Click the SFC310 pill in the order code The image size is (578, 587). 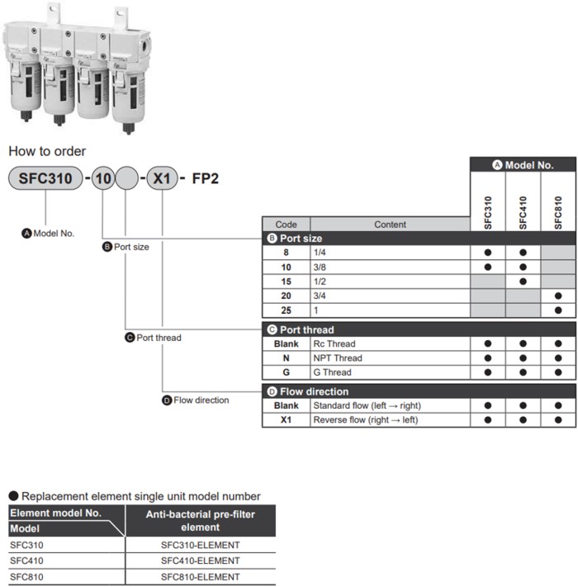pos(45,178)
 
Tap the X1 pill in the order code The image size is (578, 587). pos(161,178)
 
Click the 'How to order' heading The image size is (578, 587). pos(47,152)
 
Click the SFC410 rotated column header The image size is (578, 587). pos(524,212)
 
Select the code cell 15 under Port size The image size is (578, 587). pos(286,282)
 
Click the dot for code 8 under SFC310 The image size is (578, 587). pos(488,253)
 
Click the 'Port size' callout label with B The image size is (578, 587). pos(126,247)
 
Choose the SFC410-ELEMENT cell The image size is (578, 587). pos(200,561)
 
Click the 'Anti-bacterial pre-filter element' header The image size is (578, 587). pos(200,520)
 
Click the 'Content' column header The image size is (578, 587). pos(390,224)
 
